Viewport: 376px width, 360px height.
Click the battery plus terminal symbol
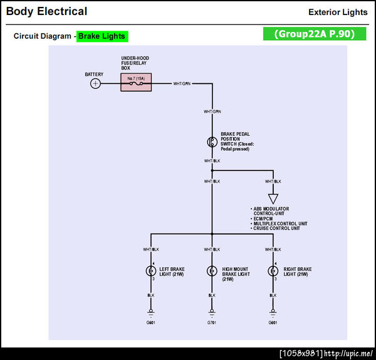[x=95, y=83]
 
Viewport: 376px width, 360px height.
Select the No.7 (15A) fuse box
[x=136, y=82]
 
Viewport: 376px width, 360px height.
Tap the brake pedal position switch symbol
[x=212, y=141]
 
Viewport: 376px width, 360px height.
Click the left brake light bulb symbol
[x=150, y=271]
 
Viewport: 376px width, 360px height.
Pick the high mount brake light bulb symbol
[x=212, y=271]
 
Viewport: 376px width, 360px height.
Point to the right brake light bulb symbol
[x=273, y=271]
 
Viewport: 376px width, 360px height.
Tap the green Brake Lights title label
[x=102, y=36]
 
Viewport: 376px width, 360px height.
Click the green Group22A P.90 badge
[x=314, y=34]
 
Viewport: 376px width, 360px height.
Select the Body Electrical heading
[x=46, y=11]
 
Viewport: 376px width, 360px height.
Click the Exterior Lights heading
[x=338, y=13]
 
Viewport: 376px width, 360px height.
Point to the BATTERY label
[x=94, y=75]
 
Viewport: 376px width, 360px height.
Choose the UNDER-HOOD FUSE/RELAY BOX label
[x=135, y=63]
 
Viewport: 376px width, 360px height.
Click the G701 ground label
[x=212, y=324]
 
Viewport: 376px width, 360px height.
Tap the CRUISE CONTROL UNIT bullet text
[x=276, y=229]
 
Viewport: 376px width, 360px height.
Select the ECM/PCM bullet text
[x=264, y=219]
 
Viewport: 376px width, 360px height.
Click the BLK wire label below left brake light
[x=150, y=295]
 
